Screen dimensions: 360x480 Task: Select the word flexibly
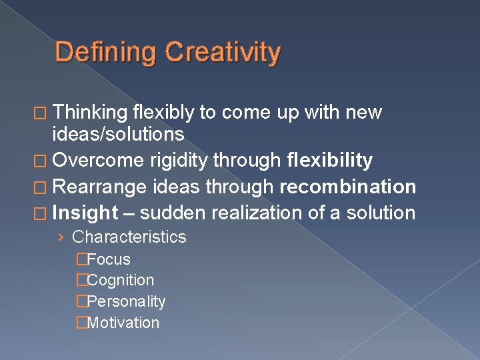pyautogui.click(x=163, y=113)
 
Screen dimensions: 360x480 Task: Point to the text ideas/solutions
pyautogui.click(x=118, y=134)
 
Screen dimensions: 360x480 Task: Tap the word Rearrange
pyautogui.click(x=101, y=187)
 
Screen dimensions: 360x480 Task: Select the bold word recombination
pyautogui.click(x=347, y=187)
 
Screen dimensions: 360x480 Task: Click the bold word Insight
pyautogui.click(x=85, y=213)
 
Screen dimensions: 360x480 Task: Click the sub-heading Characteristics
pyautogui.click(x=129, y=237)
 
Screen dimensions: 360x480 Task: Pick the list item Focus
pyautogui.click(x=109, y=259)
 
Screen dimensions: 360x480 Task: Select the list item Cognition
pyautogui.click(x=120, y=281)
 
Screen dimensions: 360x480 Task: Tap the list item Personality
pyautogui.click(x=126, y=301)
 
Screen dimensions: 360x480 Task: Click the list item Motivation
pyautogui.click(x=123, y=323)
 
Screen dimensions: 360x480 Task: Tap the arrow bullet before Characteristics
pyautogui.click(x=61, y=237)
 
